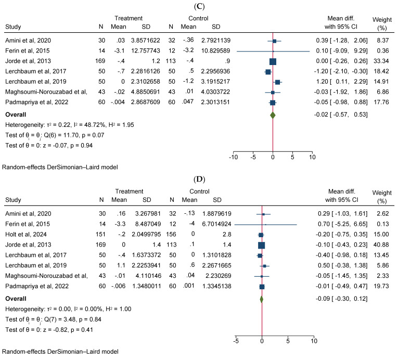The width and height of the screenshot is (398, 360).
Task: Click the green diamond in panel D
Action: pyautogui.click(x=261, y=299)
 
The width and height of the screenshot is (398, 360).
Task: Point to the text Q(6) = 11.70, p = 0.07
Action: pyautogui.click(x=69, y=135)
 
